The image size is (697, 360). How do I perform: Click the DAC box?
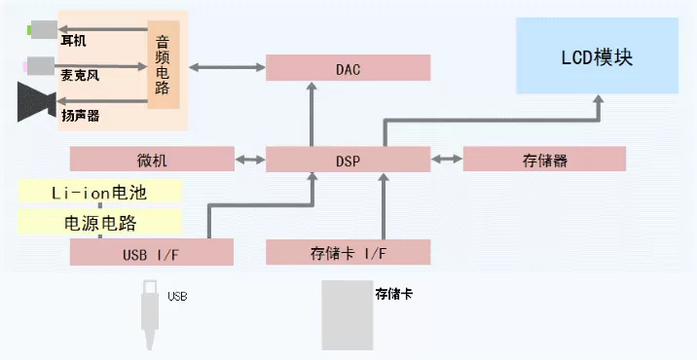(x=348, y=67)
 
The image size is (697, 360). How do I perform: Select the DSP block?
(x=348, y=160)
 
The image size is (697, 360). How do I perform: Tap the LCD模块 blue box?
(x=597, y=55)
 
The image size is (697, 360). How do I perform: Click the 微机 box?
(x=152, y=159)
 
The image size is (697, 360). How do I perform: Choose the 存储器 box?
(x=544, y=159)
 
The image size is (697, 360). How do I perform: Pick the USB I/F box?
(x=152, y=252)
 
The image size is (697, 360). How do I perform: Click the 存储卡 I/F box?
(x=348, y=252)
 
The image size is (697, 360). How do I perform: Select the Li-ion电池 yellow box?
(x=100, y=192)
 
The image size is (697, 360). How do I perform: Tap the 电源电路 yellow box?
(x=100, y=222)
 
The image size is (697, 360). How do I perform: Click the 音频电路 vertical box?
(x=164, y=64)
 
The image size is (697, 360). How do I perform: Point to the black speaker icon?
(x=36, y=102)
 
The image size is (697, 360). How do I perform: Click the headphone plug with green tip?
(x=42, y=30)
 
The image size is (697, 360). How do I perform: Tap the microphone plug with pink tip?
(x=39, y=66)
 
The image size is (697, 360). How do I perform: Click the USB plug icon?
(x=150, y=314)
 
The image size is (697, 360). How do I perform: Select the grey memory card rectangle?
(x=348, y=314)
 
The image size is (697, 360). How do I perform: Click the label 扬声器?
(x=81, y=116)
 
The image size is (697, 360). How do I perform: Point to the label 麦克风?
(x=80, y=75)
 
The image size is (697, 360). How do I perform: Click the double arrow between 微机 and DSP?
(x=250, y=160)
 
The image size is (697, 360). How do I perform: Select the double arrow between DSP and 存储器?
(x=447, y=159)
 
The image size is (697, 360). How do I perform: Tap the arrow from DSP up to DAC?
(x=312, y=114)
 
